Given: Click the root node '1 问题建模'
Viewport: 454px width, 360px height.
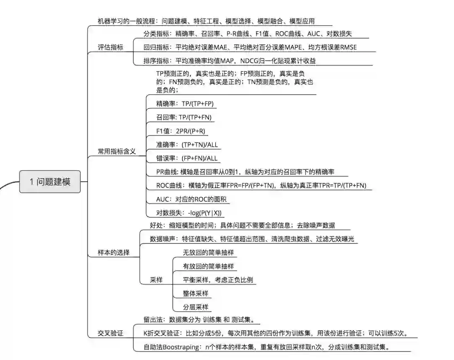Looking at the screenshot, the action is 50,182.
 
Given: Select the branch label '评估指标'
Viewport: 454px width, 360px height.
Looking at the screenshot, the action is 110,48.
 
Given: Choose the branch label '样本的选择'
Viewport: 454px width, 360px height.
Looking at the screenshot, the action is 113,253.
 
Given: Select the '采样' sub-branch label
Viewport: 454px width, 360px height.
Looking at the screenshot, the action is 156,280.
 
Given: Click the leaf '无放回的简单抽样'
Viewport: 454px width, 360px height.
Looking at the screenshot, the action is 208,253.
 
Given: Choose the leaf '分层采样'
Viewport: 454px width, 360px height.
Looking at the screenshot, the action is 195,307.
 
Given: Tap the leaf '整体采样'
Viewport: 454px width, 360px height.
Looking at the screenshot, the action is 195,294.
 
